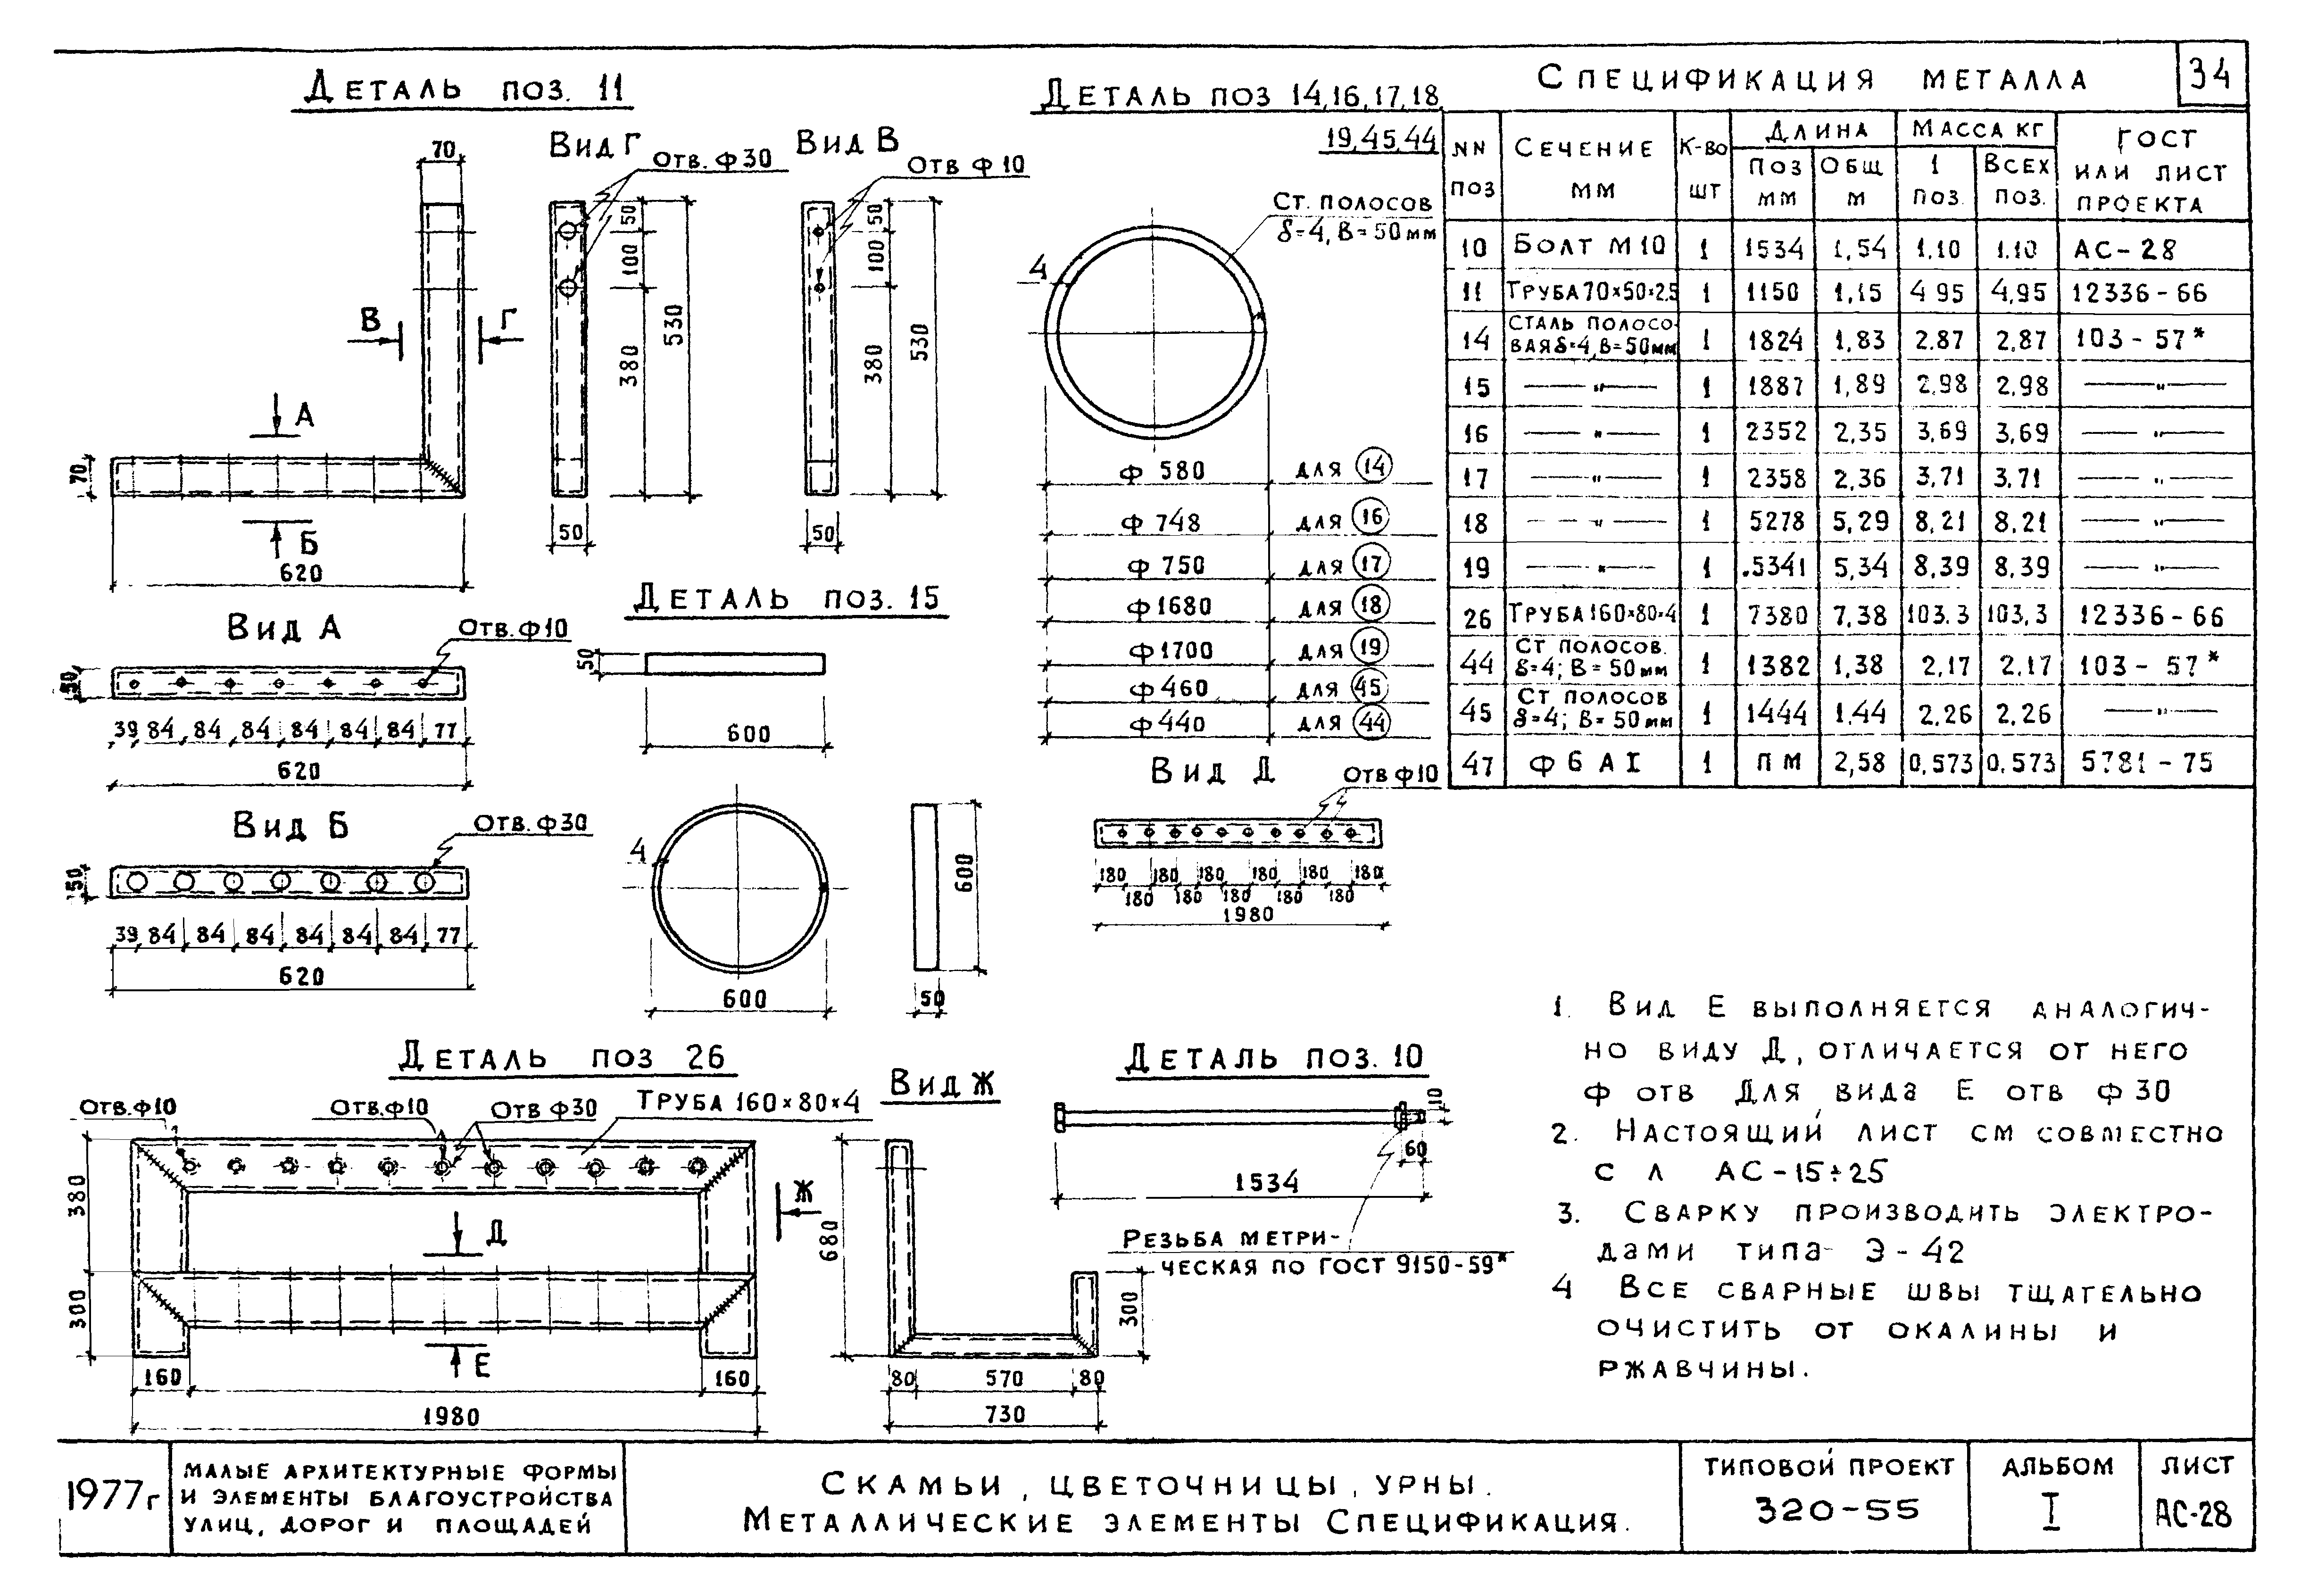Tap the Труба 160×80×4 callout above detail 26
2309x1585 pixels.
(x=748, y=1102)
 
